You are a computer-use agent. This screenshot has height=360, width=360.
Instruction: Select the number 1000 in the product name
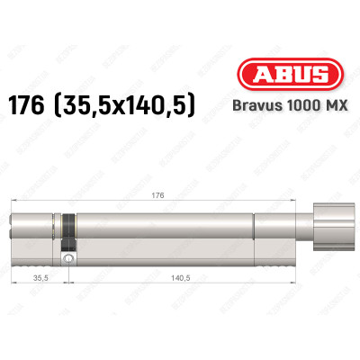point(292,104)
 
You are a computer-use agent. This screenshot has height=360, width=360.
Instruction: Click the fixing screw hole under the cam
point(67,258)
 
